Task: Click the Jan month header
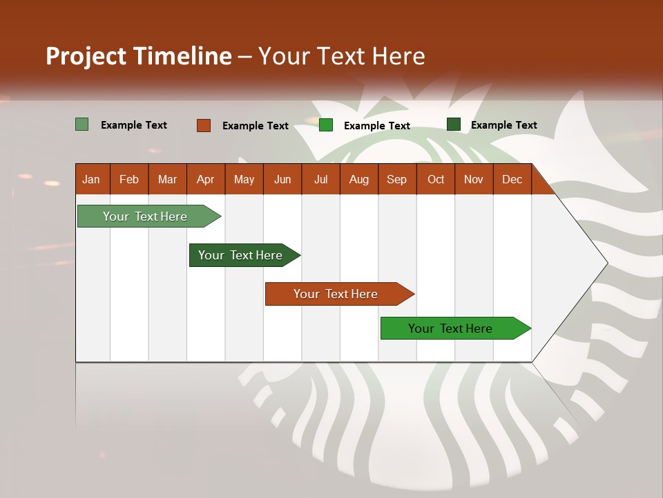pos(91,180)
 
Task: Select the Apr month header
pos(205,180)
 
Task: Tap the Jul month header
pos(320,180)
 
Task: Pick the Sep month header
pos(396,180)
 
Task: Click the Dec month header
pos(512,180)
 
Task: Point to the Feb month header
pos(129,180)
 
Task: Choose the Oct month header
pos(436,180)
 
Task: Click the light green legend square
pos(81,124)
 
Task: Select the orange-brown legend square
pos(203,125)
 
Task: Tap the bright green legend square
pos(326,125)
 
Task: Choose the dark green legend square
pos(454,124)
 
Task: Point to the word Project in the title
pos(86,56)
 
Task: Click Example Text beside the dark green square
pos(503,125)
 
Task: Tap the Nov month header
pos(474,180)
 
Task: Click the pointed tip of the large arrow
pos(606,263)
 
